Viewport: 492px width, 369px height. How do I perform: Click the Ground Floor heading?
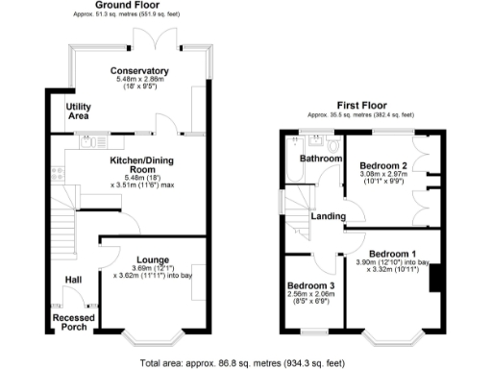click(x=126, y=6)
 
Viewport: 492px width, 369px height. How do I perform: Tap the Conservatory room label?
click(x=139, y=71)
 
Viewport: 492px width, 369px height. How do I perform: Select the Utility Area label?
click(x=77, y=111)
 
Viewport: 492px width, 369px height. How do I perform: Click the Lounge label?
click(x=153, y=259)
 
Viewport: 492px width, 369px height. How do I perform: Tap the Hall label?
click(x=73, y=280)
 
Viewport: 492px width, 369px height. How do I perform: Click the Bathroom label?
click(x=321, y=158)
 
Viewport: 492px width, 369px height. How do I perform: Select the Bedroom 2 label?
click(x=383, y=165)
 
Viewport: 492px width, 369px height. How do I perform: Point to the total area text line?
click(x=242, y=362)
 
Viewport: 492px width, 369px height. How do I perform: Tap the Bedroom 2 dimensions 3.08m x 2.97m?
click(x=383, y=175)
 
